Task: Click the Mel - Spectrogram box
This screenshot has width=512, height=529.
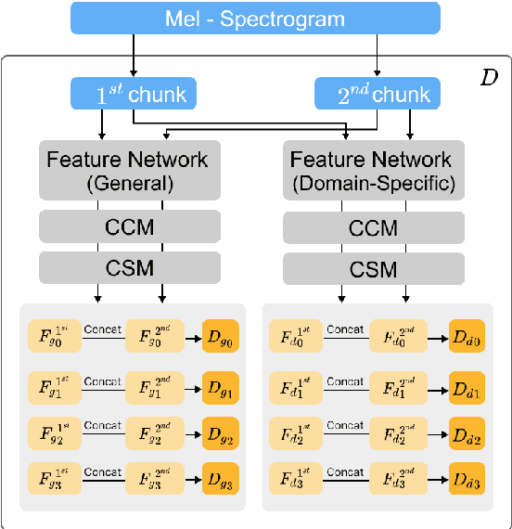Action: point(254,18)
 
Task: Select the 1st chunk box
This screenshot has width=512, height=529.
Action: point(130,95)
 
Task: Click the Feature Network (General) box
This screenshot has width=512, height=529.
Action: point(130,170)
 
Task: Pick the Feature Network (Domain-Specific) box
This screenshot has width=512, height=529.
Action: point(374,170)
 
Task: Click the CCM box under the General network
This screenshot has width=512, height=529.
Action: point(130,226)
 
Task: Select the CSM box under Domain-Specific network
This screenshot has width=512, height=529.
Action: point(374,269)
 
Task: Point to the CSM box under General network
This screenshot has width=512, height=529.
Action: point(130,269)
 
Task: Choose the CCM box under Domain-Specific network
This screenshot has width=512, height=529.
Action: point(374,226)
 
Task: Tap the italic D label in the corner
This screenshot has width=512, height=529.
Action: point(488,77)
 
